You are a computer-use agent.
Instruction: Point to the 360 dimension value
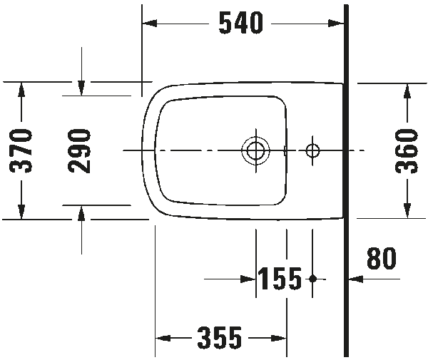click(x=407, y=150)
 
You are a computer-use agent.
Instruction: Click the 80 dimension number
click(x=382, y=259)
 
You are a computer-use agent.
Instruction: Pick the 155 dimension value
click(x=280, y=279)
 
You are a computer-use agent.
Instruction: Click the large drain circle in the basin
click(x=255, y=150)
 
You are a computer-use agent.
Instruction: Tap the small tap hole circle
click(x=312, y=150)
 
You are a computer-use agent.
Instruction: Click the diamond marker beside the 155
click(x=312, y=279)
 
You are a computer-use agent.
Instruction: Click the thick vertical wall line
click(x=346, y=178)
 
